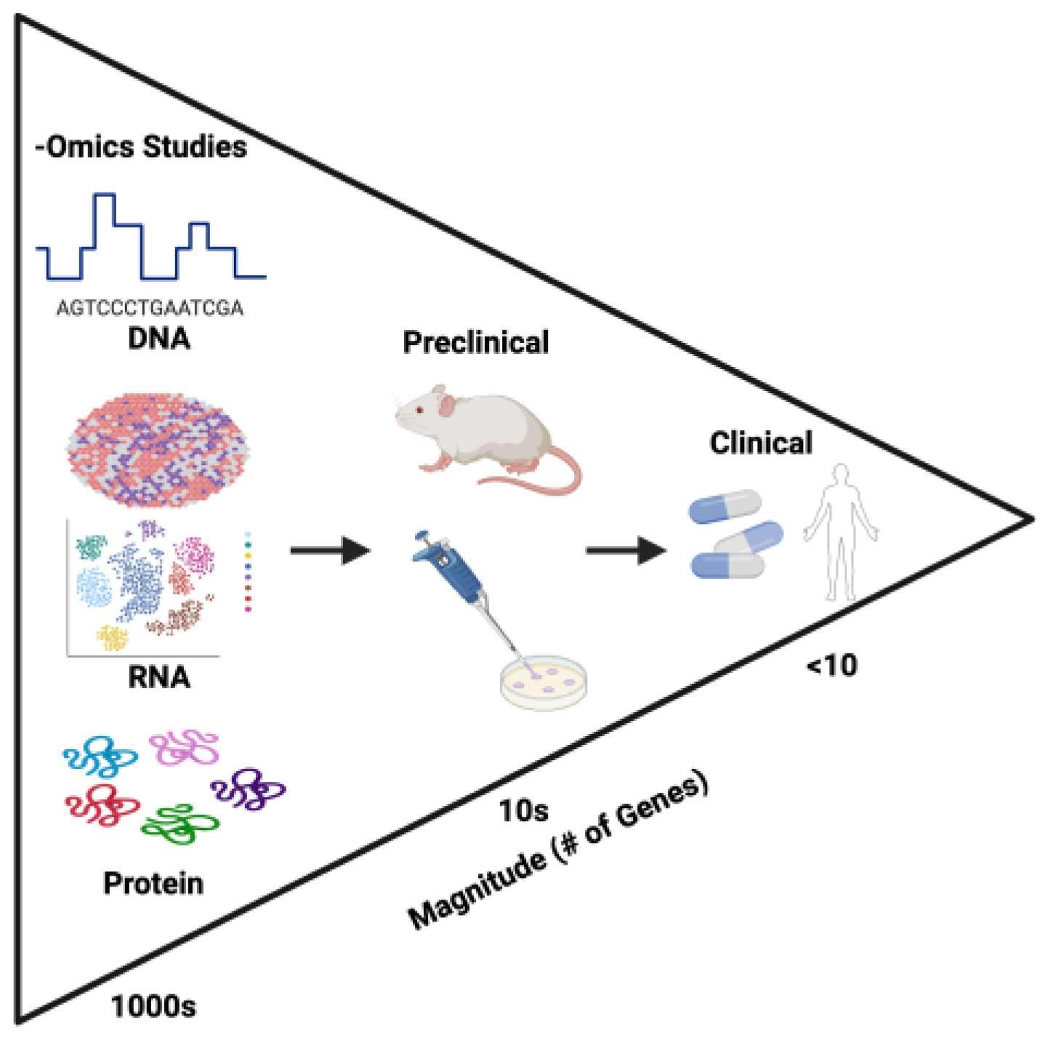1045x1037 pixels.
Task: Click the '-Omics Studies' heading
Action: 141,147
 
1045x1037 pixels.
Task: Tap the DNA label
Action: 158,339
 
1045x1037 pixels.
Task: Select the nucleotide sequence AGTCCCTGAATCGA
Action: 150,308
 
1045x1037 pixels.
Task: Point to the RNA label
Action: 158,677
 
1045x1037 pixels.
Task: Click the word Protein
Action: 153,884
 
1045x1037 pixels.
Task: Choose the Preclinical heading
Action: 476,343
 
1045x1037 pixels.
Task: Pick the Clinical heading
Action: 761,443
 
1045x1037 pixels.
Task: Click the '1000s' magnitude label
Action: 153,1007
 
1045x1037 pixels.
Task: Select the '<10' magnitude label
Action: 832,666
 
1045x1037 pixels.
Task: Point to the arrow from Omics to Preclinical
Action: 330,550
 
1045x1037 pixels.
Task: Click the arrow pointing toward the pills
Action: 626,550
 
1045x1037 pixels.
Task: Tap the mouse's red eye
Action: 419,411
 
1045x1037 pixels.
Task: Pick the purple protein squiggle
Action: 249,788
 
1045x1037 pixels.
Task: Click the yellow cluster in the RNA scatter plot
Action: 113,637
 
